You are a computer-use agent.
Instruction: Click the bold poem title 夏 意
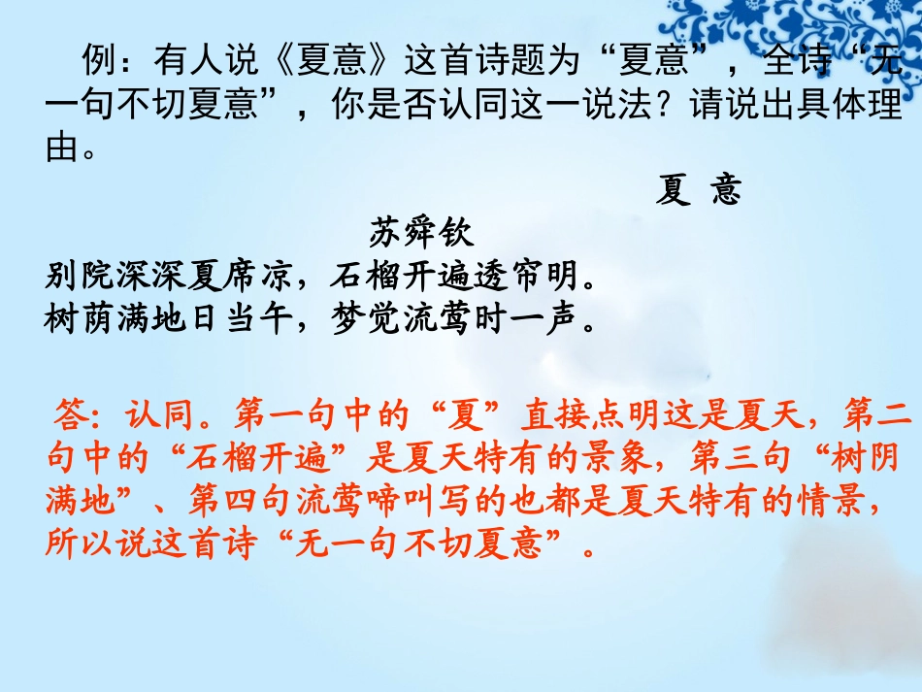click(698, 190)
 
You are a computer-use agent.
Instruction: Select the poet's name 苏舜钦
click(422, 233)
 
